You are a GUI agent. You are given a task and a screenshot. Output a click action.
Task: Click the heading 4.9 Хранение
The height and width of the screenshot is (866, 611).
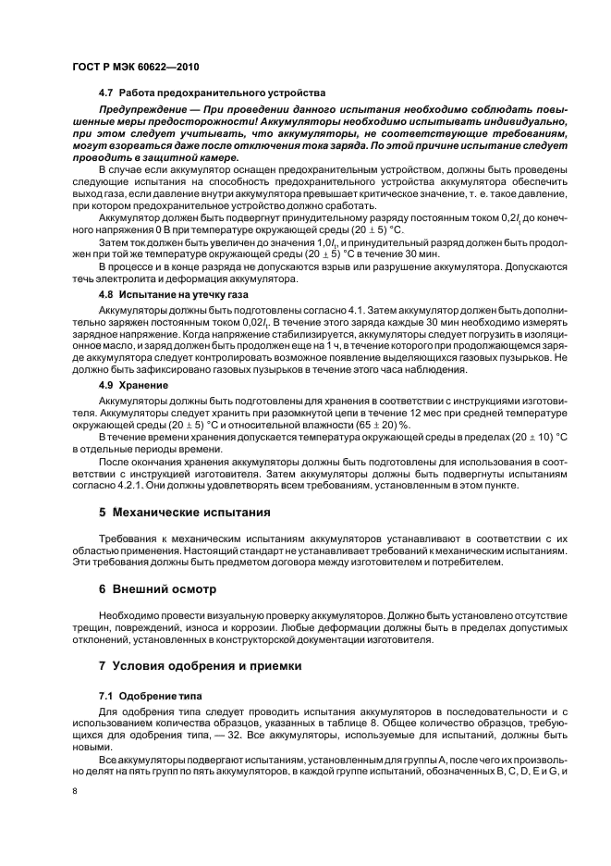(133, 383)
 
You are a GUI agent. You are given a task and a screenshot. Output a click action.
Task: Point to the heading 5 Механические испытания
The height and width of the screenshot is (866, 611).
(184, 511)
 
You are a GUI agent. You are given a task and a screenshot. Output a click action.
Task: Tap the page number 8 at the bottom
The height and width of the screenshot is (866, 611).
(74, 791)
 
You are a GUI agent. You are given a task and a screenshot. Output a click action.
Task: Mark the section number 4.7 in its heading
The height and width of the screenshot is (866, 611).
(105, 93)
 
